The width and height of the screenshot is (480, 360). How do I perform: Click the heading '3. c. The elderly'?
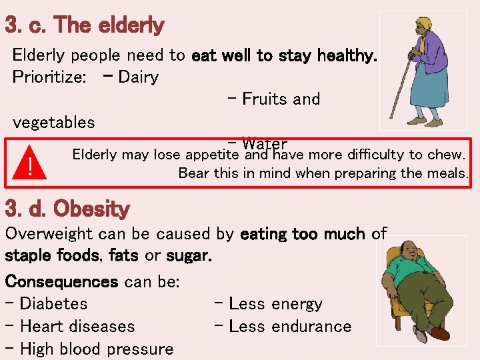coord(84,26)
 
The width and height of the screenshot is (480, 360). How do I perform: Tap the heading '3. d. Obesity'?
coord(67,209)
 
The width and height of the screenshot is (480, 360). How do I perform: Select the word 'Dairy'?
coord(138,77)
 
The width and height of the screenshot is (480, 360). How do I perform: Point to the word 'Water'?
coord(265,144)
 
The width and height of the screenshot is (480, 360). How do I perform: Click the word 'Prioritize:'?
coord(49,77)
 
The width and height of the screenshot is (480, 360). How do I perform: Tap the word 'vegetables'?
coord(53,123)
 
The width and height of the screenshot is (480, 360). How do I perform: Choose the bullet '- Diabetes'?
coord(46,304)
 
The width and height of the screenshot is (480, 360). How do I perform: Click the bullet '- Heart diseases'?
coord(69,327)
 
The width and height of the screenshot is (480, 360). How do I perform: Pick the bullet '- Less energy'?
coord(269,304)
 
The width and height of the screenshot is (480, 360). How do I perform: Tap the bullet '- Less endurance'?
coord(283,327)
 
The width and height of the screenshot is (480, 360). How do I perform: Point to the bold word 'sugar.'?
coord(189,256)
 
